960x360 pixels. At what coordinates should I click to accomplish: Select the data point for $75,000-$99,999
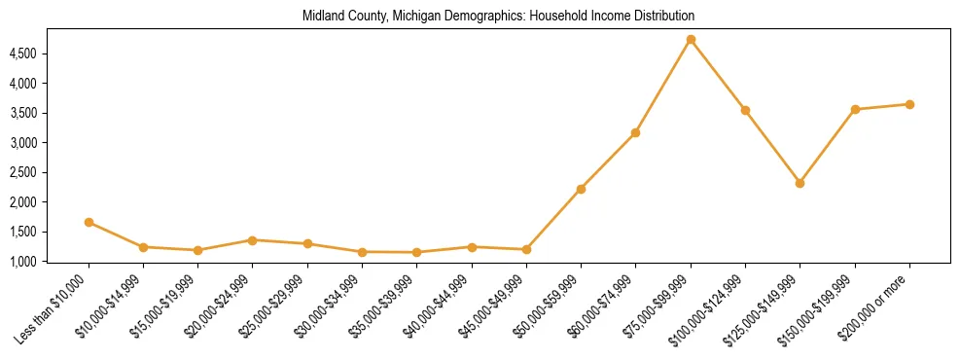[x=691, y=40]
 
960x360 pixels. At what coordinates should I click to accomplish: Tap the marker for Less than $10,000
[x=89, y=222]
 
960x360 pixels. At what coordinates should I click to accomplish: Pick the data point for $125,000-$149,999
[x=800, y=183]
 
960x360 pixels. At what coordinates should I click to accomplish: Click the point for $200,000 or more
[x=909, y=104]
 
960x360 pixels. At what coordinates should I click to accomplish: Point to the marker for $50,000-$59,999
[x=581, y=189]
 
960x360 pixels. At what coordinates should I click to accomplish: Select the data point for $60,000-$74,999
[x=635, y=132]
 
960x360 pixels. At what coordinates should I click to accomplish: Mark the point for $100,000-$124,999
[x=745, y=110]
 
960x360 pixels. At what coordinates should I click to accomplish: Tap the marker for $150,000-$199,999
[x=855, y=109]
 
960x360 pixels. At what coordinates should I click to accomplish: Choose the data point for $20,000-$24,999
[x=253, y=239]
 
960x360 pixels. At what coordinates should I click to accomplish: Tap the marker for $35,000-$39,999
[x=416, y=252]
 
